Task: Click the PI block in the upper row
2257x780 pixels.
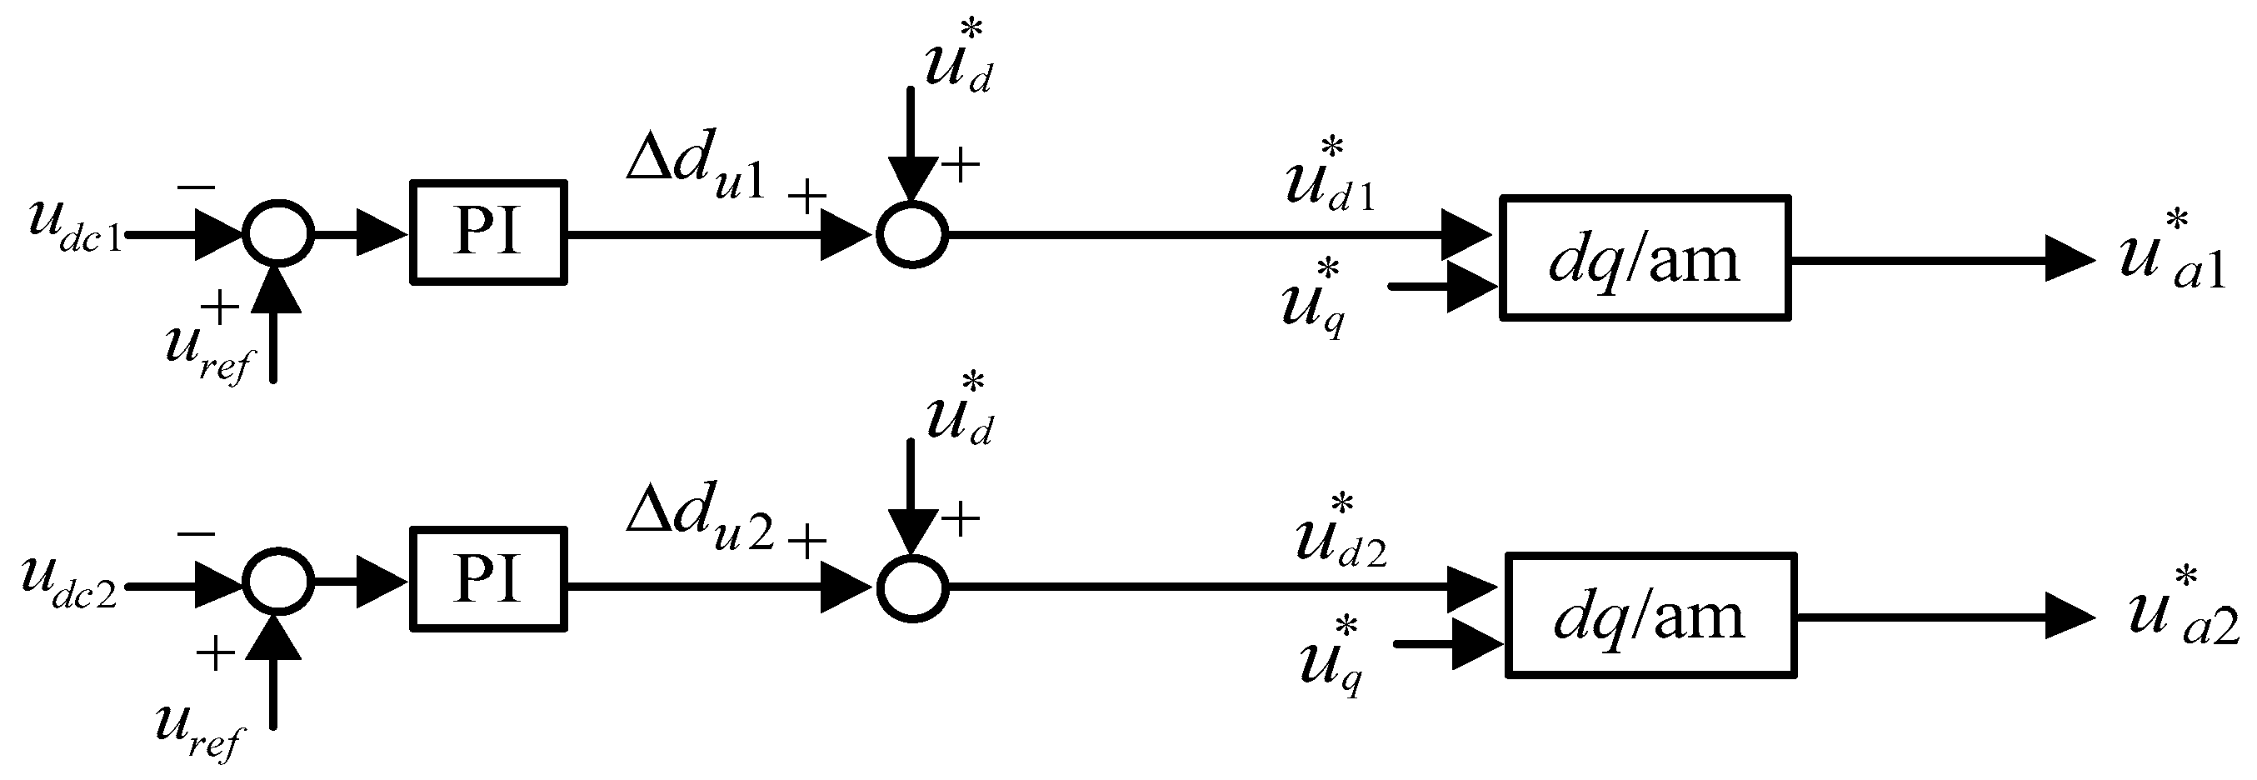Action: [488, 232]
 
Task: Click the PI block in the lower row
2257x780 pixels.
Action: [488, 579]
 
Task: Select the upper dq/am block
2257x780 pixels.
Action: [1644, 257]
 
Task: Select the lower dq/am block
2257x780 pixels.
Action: [1650, 616]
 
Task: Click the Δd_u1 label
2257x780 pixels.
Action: [696, 164]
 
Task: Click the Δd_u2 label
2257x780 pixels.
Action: [699, 519]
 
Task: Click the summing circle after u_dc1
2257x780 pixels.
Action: [277, 233]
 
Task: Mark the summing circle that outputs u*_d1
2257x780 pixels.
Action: [912, 234]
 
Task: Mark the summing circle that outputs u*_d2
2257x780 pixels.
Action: [912, 587]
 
